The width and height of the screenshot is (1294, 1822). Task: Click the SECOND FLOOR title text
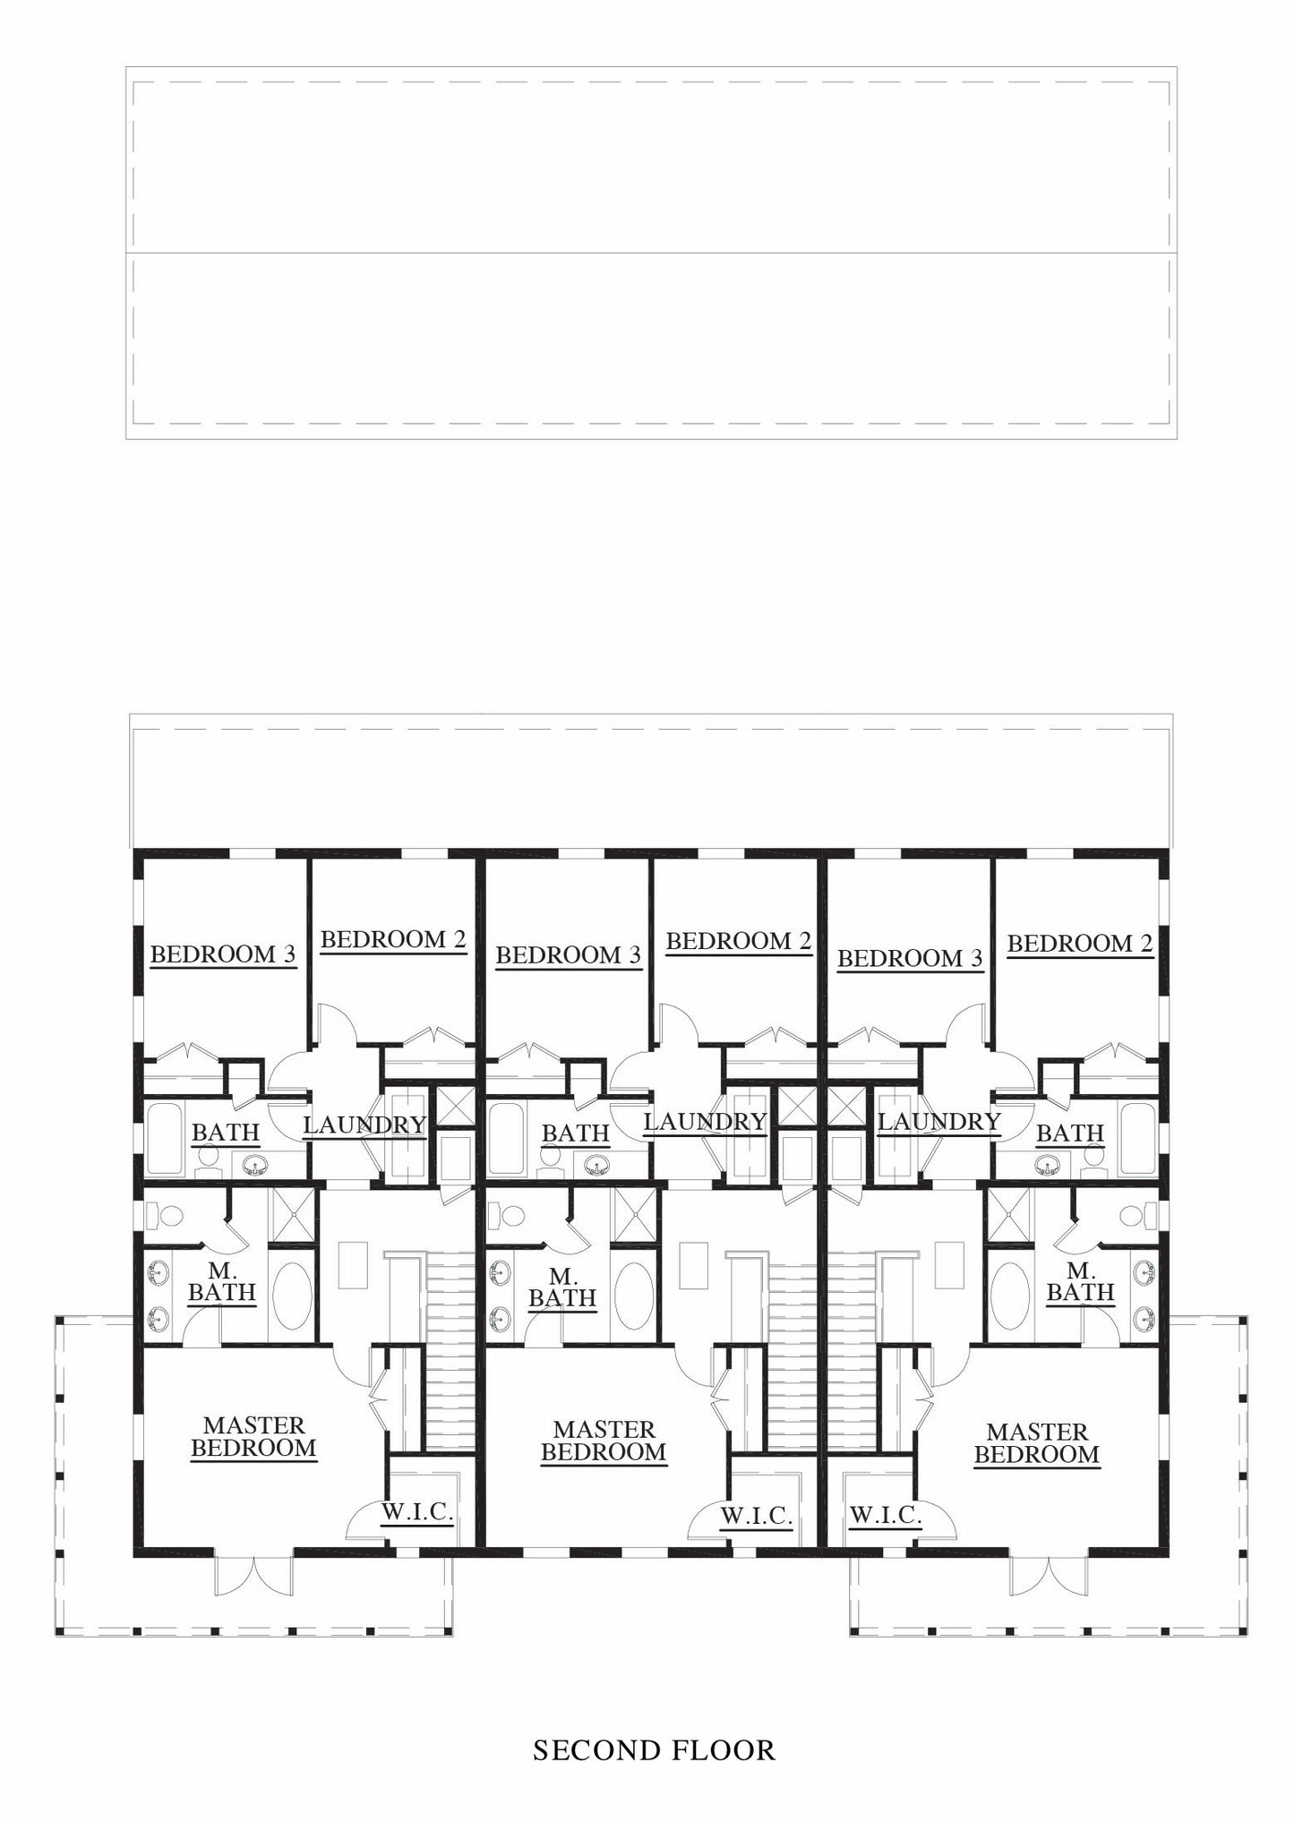pos(654,1749)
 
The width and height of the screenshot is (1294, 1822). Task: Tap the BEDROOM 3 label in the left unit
pos(222,954)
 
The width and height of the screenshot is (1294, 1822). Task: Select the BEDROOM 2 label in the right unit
pos(1079,943)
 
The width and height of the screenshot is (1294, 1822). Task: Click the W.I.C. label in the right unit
pos(885,1515)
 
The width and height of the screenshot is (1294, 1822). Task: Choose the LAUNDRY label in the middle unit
pos(705,1122)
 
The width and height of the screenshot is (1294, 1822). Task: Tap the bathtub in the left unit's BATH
pos(166,1138)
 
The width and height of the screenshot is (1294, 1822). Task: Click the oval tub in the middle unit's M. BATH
pos(635,1296)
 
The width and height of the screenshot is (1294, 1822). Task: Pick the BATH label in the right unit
pos(1069,1133)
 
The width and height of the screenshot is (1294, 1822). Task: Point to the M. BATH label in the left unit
pos(221,1281)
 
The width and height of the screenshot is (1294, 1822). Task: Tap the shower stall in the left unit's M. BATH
pos(294,1215)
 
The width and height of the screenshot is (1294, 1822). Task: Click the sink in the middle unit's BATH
pos(596,1166)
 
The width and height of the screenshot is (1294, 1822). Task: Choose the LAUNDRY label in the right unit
pos(938,1122)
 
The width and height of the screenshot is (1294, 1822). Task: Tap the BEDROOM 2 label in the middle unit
pos(738,941)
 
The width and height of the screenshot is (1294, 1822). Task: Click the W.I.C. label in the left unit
pos(417,1512)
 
